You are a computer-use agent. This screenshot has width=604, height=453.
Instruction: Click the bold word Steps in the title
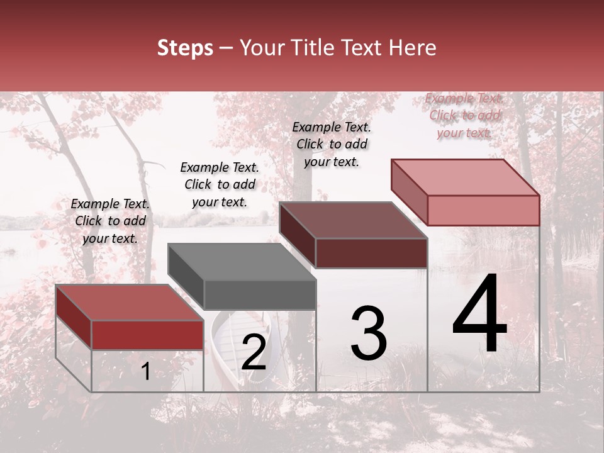coord(185,48)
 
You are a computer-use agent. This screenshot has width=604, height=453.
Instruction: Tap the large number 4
coord(479,314)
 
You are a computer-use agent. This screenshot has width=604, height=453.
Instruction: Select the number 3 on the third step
coord(369,333)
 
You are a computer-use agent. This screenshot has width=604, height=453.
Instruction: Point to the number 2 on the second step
coord(254,352)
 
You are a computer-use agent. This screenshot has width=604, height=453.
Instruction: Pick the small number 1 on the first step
coord(146,372)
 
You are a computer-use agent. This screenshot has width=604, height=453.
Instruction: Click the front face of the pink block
coord(483,210)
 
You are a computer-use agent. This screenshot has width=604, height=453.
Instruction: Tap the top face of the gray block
coord(242,262)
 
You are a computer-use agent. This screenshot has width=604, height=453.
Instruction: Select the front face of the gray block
coord(260,294)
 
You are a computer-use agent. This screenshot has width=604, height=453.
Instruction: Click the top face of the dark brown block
coord(353,220)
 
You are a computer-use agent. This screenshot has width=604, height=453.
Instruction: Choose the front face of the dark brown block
coord(371,253)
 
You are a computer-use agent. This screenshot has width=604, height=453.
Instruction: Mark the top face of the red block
coord(130,303)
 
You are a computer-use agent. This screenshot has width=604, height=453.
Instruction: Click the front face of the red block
coord(147,335)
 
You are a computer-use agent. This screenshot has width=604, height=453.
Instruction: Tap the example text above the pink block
coord(464,115)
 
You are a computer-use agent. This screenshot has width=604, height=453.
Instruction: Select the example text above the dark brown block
coord(332,144)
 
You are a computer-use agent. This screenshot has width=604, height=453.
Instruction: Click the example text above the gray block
coord(220,184)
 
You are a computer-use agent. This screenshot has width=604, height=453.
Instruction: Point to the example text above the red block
coord(110,221)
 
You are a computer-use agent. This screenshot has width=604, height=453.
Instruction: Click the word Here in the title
coord(412,48)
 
